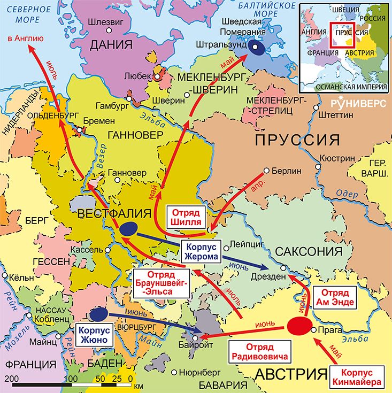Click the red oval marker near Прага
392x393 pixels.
pyautogui.click(x=300, y=326)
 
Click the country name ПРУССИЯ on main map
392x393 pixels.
pyautogui.click(x=297, y=140)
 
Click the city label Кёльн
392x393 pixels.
pyautogui.click(x=20, y=278)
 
